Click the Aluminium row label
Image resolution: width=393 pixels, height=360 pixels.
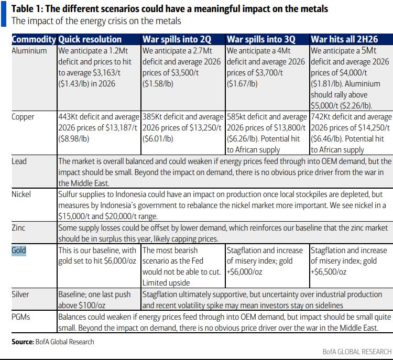29,51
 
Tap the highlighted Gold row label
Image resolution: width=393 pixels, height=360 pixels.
19,250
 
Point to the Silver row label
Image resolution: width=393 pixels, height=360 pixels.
20,294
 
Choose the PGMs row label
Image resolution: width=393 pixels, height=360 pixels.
21,317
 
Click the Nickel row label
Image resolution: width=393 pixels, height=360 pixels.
21,194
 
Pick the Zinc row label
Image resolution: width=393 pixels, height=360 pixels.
18,228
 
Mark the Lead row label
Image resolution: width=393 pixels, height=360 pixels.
19,161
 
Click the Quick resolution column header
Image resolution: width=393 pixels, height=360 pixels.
90,40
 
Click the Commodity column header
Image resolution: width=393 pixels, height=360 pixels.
34,40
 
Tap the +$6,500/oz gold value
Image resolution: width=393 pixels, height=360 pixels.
329,272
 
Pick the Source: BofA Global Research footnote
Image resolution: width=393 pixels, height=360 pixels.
52,342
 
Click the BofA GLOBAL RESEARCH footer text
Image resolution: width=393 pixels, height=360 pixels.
357,352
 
